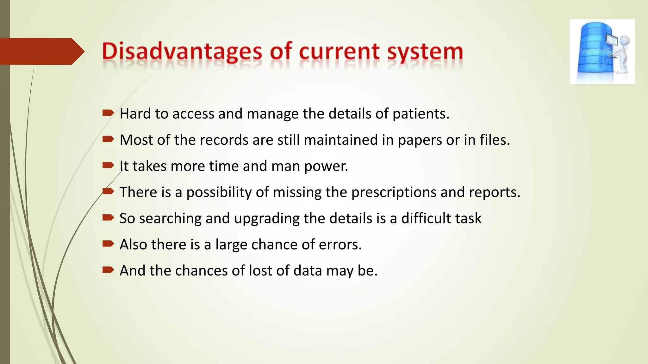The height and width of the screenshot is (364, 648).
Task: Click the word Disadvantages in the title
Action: [182, 52]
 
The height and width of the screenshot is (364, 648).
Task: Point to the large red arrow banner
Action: [41, 52]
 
